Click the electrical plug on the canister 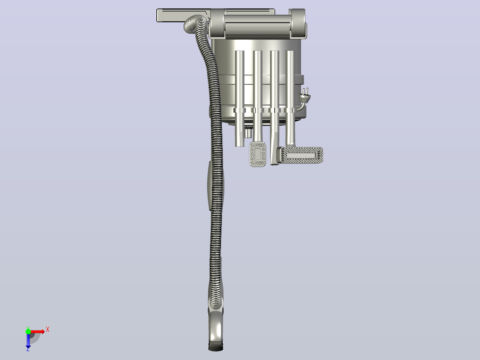point(305,96)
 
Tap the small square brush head point(258,154)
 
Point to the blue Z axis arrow point(28,340)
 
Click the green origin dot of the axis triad point(28,331)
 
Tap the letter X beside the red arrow point(48,330)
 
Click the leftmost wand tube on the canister point(240,98)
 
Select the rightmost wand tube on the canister point(290,98)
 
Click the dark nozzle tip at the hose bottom point(216,346)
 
